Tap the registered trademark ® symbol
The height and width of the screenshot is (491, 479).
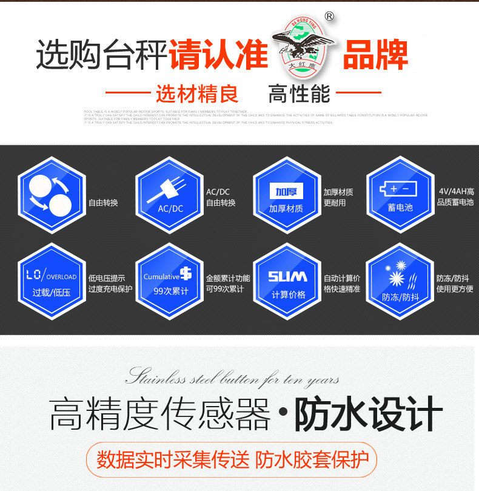click(x=329, y=17)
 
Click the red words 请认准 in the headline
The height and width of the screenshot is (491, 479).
click(x=218, y=55)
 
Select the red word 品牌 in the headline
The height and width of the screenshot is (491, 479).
click(x=375, y=55)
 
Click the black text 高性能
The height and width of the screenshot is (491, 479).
click(x=299, y=94)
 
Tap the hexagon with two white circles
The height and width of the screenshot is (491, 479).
click(x=51, y=195)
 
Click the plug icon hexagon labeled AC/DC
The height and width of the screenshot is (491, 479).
click(x=169, y=195)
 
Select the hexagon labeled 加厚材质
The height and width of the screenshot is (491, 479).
click(x=286, y=195)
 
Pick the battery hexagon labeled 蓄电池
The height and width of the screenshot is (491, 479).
click(x=400, y=195)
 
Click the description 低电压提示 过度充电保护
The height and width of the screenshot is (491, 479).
click(x=110, y=283)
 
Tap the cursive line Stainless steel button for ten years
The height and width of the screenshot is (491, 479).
click(x=232, y=378)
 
